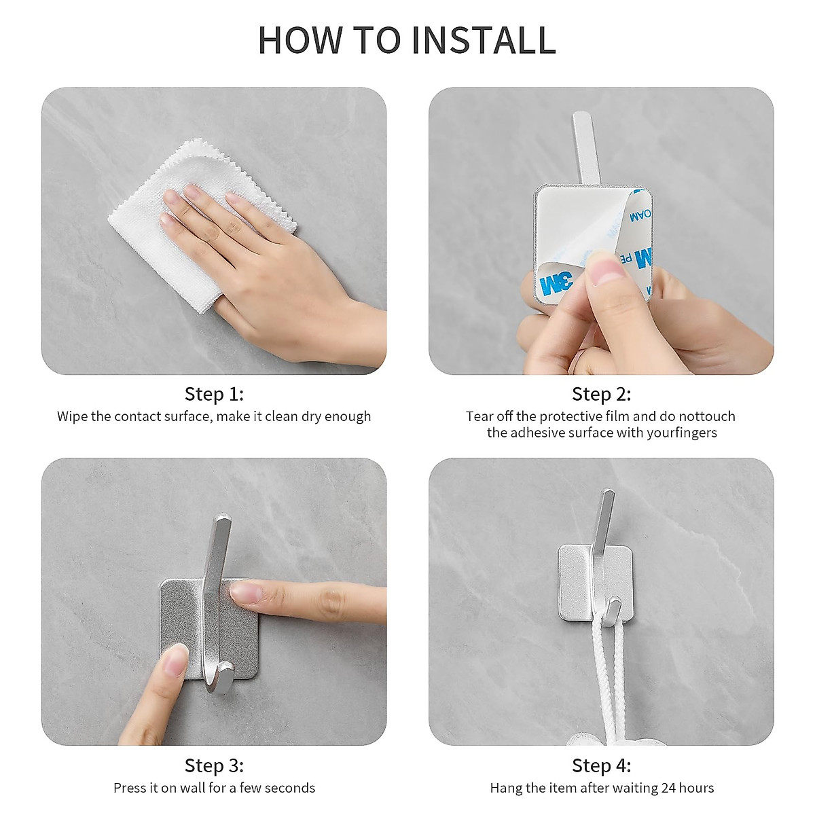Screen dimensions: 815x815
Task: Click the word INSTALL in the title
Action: point(484,40)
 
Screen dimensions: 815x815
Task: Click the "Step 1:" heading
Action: point(214,394)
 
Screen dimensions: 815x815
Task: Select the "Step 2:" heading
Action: point(601,394)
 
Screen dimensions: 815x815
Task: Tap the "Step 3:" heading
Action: point(214,765)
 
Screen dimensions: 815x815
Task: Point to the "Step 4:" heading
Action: point(601,765)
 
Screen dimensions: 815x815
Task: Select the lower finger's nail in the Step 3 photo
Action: point(176,659)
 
